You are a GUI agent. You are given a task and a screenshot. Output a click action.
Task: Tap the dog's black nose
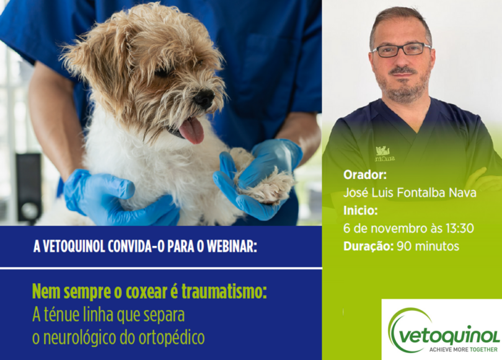click(203, 99)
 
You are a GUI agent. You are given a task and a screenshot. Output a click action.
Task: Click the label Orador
click(364, 175)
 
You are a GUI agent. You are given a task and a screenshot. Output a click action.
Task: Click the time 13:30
click(459, 228)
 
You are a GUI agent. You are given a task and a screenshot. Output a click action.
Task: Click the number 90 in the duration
click(403, 246)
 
